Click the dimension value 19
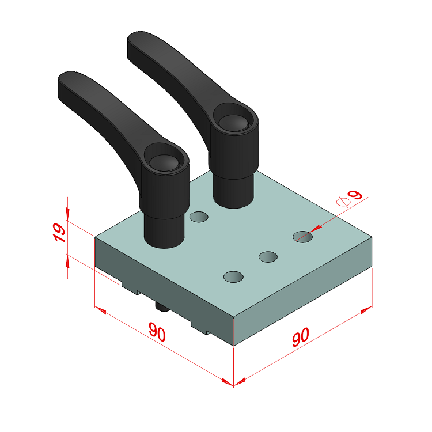point(59,233)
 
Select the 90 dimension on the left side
point(157,331)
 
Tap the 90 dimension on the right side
point(301,337)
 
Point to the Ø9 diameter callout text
point(350,198)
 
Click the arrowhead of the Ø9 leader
point(315,229)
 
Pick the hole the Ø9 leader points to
point(302,237)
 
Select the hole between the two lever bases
point(199,217)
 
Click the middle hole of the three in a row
point(268,257)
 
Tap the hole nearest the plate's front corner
point(233,277)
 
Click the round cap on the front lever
point(165,162)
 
